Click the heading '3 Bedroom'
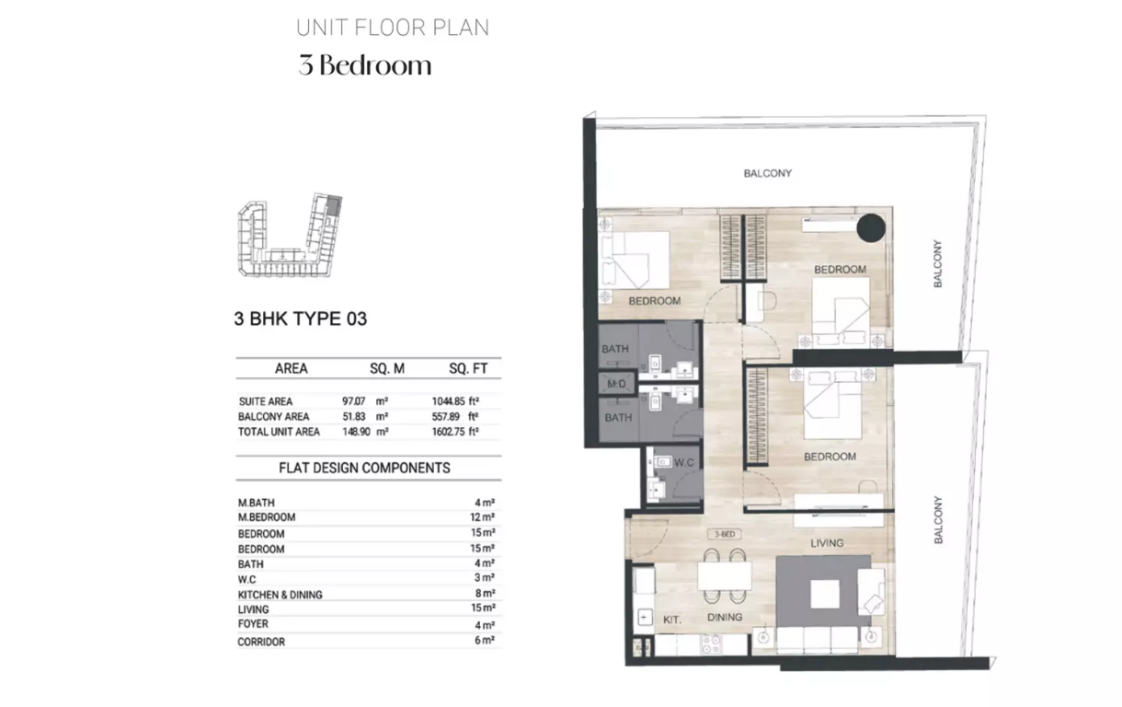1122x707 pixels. (365, 65)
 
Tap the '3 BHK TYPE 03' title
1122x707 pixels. (301, 319)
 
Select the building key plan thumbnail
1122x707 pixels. (290, 235)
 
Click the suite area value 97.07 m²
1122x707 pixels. (365, 401)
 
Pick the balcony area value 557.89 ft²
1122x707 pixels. (455, 416)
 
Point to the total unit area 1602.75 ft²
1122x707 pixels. (455, 431)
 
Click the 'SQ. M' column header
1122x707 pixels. (387, 368)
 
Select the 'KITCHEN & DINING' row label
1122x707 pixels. (280, 595)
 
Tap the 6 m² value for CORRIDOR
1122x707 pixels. (485, 641)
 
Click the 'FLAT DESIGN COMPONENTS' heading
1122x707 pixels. (364, 468)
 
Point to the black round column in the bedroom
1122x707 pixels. (871, 228)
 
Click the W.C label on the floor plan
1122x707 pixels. (683, 462)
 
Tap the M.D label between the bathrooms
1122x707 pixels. (616, 384)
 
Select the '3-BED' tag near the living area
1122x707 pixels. (725, 534)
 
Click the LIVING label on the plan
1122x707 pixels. (827, 543)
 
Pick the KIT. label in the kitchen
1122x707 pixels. (672, 620)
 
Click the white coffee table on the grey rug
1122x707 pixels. (825, 594)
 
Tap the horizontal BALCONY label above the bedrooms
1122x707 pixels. (767, 173)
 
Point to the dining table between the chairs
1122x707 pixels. (725, 575)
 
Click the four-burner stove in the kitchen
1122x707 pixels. (711, 644)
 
